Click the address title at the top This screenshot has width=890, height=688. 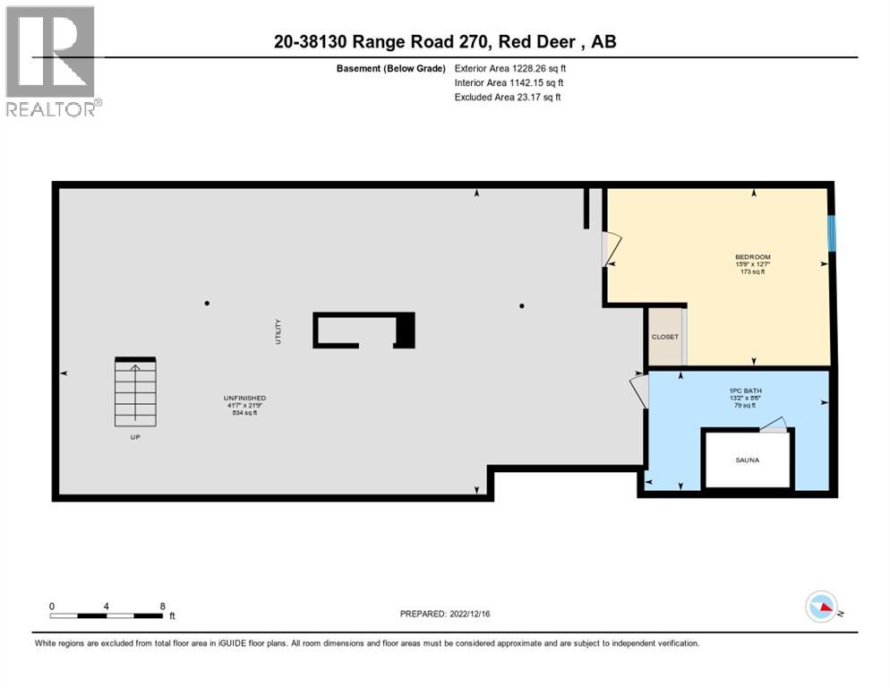tap(445, 41)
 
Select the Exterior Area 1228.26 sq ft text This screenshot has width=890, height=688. tap(510, 67)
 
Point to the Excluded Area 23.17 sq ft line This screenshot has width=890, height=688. tap(508, 97)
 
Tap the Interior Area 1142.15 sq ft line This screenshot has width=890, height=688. tap(509, 82)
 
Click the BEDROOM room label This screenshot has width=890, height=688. tap(752, 257)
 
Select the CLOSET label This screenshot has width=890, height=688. tap(664, 337)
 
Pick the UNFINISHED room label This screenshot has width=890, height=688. tap(244, 398)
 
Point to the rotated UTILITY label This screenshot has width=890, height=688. tap(278, 331)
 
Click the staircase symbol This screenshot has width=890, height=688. tap(135, 392)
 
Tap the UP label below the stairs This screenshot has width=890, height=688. tap(135, 437)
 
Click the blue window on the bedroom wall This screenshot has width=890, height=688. tap(832, 233)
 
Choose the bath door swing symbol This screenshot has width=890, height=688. tap(639, 391)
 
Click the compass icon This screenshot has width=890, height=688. tap(821, 606)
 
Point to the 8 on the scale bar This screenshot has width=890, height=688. tap(162, 606)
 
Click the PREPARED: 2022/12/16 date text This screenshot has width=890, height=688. tap(445, 614)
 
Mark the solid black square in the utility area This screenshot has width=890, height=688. tap(405, 331)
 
